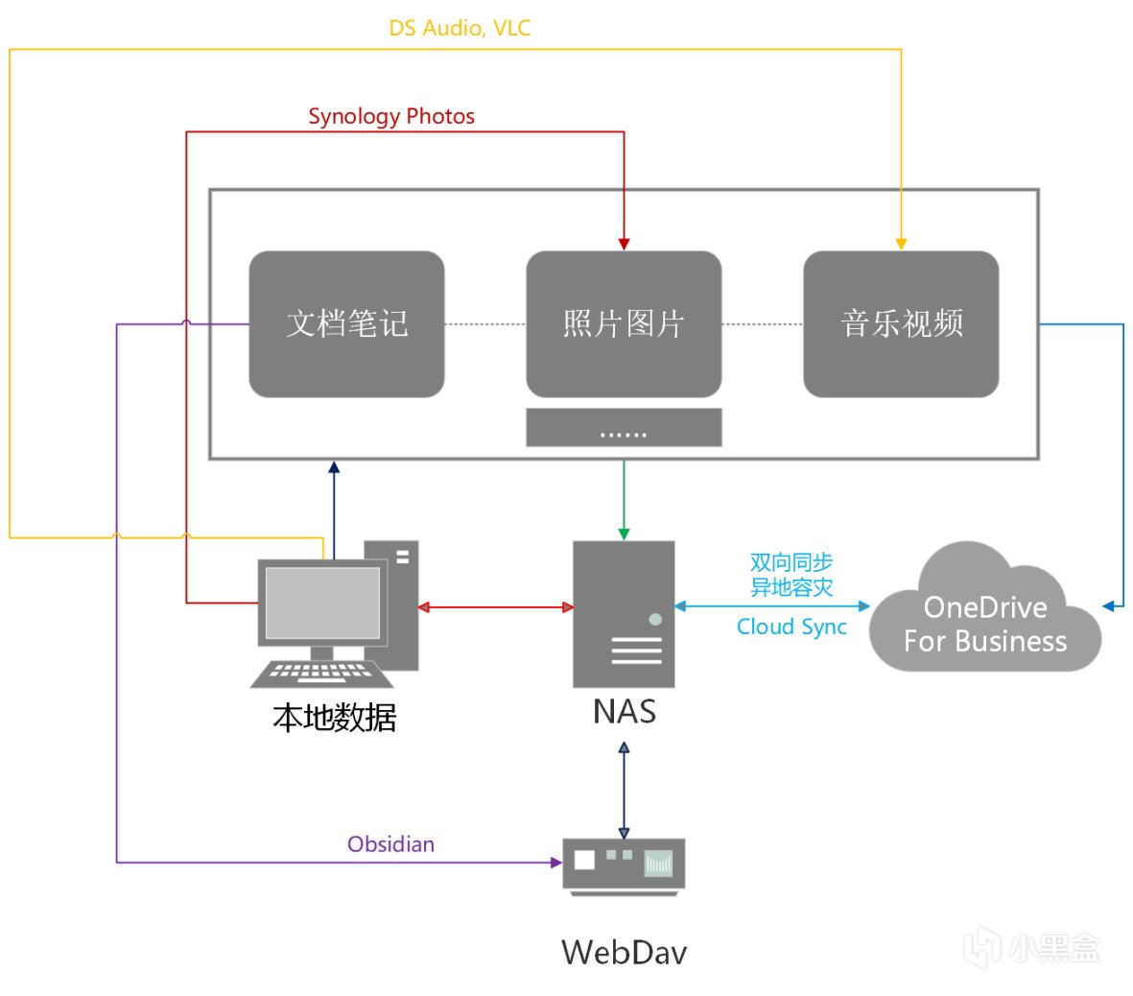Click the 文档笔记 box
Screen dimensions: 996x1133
(x=346, y=324)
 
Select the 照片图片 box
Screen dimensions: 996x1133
(x=624, y=324)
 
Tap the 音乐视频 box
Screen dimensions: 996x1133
(x=901, y=324)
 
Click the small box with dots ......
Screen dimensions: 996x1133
(x=624, y=428)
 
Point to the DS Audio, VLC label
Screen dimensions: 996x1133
(x=460, y=28)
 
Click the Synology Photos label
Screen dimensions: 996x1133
(x=391, y=116)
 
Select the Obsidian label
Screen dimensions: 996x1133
(x=390, y=844)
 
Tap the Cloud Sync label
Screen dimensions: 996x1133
(x=791, y=627)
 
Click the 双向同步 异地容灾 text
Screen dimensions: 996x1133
(x=791, y=575)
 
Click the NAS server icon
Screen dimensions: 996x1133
(x=624, y=614)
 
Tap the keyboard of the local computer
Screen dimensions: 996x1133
(x=322, y=674)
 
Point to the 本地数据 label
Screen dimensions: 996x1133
(x=335, y=718)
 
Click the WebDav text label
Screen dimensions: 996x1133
(x=624, y=952)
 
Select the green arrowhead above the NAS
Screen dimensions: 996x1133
(x=624, y=534)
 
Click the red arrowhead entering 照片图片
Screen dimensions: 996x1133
(x=624, y=244)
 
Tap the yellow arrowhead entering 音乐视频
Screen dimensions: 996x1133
(x=901, y=244)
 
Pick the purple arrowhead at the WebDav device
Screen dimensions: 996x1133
(x=556, y=863)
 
